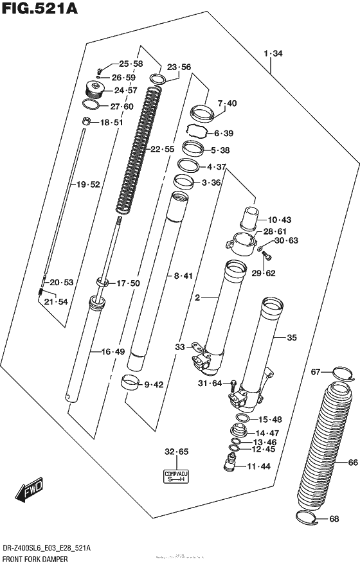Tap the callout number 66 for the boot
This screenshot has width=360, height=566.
tap(352, 462)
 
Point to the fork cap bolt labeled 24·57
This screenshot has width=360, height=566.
tap(95, 90)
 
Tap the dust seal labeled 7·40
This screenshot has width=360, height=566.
tap(201, 113)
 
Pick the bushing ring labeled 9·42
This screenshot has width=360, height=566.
tap(131, 384)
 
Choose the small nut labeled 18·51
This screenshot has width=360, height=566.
tap(86, 121)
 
